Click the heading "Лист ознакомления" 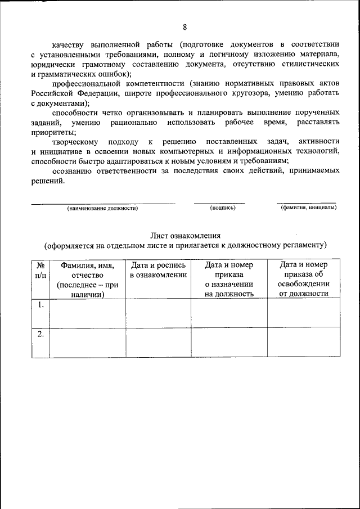[185, 236]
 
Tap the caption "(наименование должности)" [102, 208]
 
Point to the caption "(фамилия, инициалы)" [308, 208]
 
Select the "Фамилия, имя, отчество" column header [87, 279]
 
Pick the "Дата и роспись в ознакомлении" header [158, 270]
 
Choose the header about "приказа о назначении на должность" [228, 279]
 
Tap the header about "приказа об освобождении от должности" [303, 279]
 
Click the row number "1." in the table [40, 305]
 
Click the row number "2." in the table [40, 334]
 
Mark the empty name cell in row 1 [87, 313]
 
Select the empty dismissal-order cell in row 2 [303, 342]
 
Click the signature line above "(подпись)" [219, 203]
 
